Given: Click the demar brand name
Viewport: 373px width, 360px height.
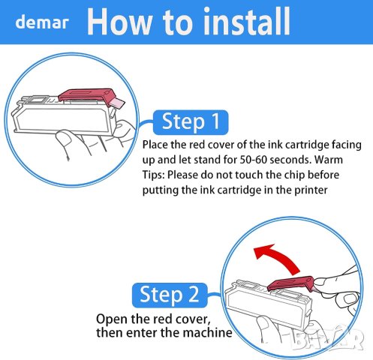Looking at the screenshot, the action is coord(42,22).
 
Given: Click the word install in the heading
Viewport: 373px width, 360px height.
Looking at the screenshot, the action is coord(247,21).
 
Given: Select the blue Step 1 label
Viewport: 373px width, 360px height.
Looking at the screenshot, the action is coord(191,121).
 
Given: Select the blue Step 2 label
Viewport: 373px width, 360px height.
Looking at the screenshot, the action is coord(170,295).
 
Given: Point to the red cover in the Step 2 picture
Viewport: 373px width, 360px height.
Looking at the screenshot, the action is coord(290,283).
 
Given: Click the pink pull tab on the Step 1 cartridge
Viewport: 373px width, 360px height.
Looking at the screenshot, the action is coord(117,103).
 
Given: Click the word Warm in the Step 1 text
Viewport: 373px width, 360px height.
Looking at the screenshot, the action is coord(329,160).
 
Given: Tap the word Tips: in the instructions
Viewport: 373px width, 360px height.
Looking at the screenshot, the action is coord(154,175).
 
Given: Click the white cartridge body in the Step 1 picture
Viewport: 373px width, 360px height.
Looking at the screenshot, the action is coord(62,118).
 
